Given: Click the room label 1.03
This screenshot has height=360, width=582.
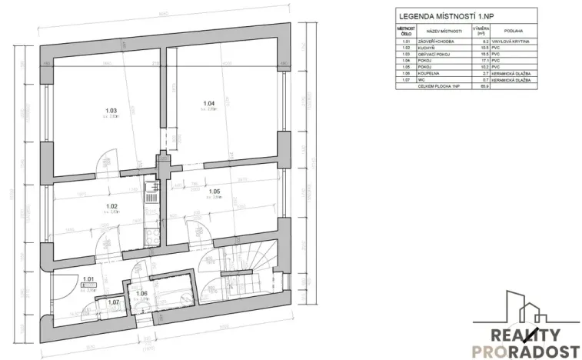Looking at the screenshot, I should pos(110,112).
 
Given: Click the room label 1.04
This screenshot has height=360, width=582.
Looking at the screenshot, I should pos(208,104).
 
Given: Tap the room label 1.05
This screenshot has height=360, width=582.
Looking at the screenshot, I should pos(215,191).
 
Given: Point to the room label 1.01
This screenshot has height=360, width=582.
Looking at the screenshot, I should pos(88,279).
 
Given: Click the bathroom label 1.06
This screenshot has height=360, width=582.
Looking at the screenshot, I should pos(141,293).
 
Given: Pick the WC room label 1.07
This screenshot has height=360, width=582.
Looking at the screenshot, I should pos(114,302).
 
